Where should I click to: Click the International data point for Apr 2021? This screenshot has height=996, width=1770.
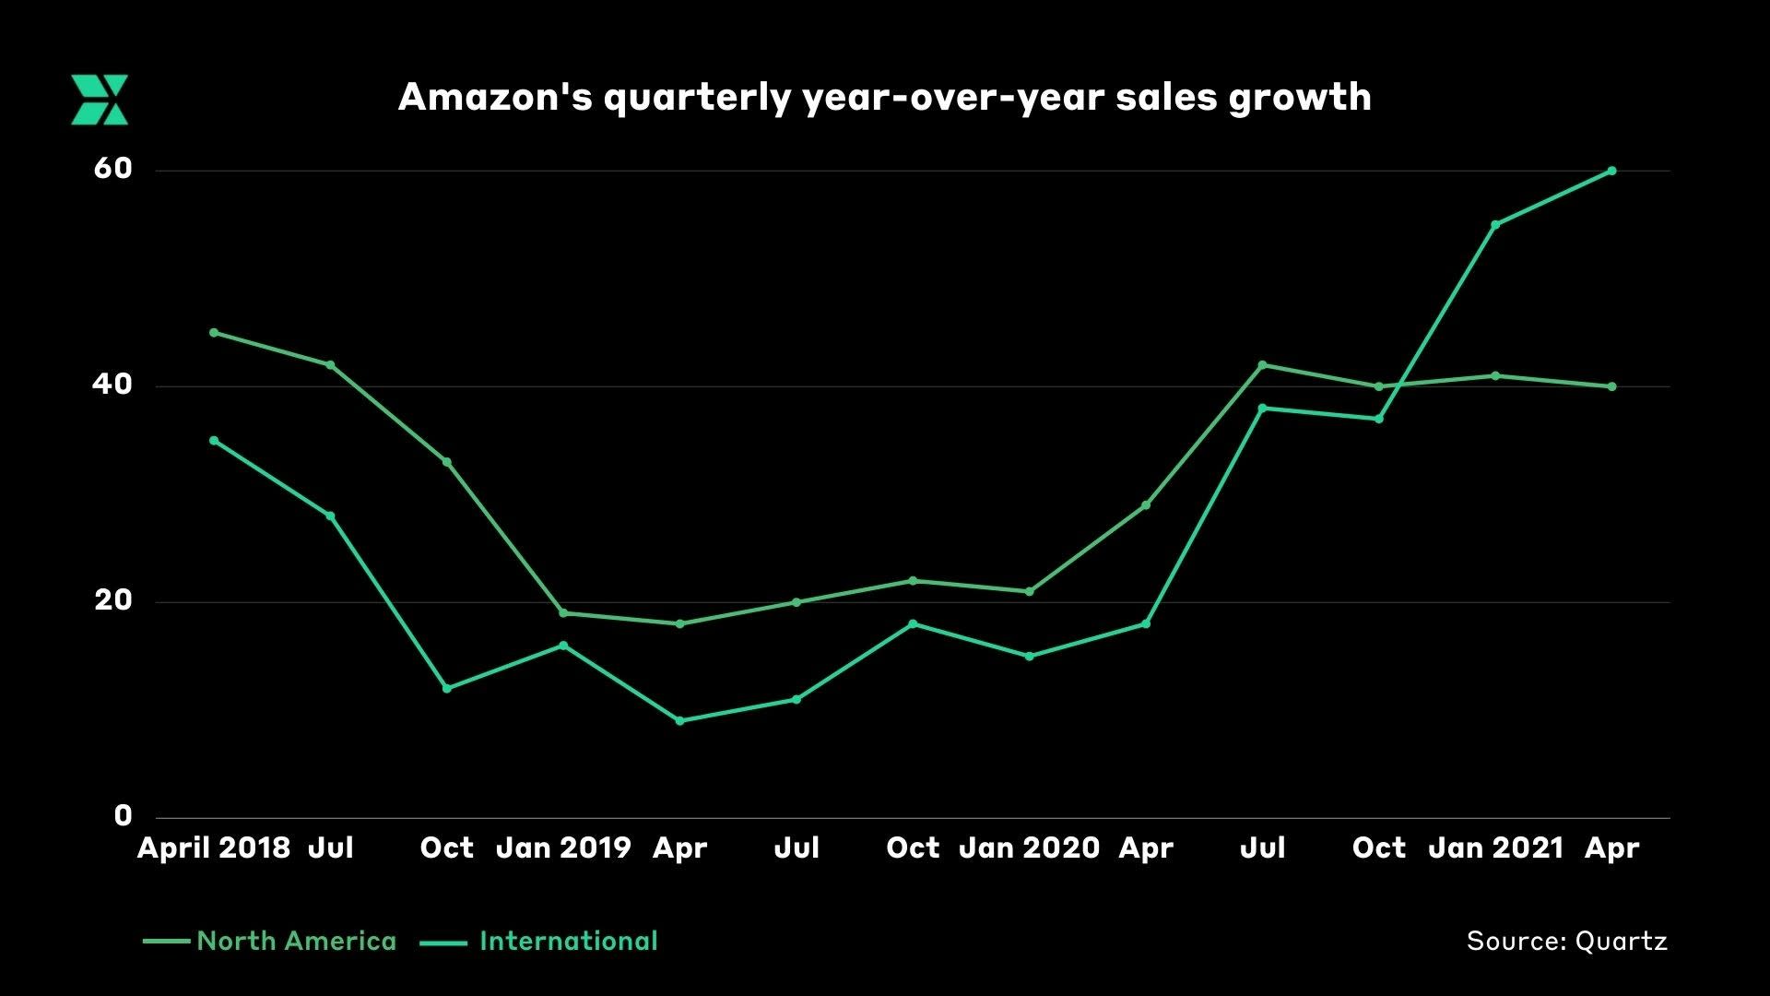point(1611,171)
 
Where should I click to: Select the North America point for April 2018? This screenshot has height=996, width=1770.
point(214,332)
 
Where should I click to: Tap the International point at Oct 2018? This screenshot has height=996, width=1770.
point(447,689)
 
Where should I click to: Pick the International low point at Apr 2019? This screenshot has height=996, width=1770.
point(680,721)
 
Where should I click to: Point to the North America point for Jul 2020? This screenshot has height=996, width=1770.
point(1262,365)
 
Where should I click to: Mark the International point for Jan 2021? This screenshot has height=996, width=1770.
point(1495,224)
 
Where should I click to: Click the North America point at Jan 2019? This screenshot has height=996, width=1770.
point(563,613)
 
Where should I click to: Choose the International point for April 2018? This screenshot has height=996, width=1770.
point(214,441)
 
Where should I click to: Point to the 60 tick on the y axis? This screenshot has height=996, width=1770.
point(113,169)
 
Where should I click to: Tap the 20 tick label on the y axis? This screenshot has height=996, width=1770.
point(113,600)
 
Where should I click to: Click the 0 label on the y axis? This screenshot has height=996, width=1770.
point(123,816)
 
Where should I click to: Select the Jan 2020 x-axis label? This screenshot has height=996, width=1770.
point(1029,848)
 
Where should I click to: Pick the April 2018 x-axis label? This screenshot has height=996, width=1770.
point(214,848)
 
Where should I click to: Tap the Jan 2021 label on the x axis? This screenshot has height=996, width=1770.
point(1495,848)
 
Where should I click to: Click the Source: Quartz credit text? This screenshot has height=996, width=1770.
point(1566,942)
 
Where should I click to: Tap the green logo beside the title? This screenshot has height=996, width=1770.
point(100,100)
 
